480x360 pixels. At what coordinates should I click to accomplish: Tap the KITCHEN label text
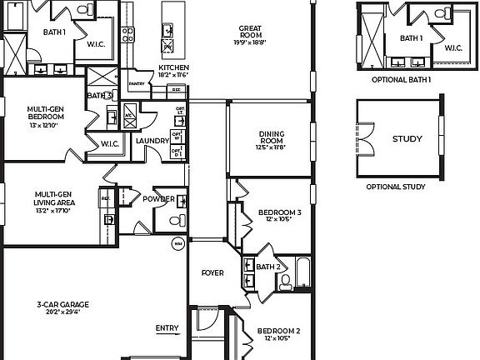click(173, 67)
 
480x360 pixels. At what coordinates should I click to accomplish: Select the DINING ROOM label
click(271, 136)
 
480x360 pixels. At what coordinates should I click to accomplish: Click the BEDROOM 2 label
click(277, 331)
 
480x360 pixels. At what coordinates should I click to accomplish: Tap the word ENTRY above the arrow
click(167, 327)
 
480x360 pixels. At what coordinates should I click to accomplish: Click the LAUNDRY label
click(152, 141)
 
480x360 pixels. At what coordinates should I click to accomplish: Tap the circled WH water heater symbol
click(177, 244)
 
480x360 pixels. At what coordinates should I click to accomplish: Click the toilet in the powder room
click(174, 222)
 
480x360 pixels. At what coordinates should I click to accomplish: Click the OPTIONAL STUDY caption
click(395, 187)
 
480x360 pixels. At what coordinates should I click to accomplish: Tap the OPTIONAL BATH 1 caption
click(402, 79)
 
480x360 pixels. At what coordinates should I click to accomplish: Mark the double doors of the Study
click(364, 138)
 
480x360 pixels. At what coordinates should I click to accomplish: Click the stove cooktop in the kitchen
click(128, 34)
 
